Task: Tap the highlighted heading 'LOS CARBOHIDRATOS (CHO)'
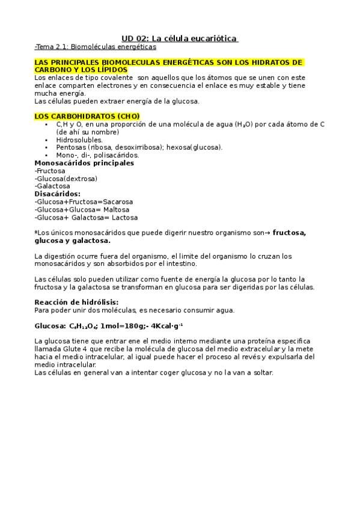[x=87, y=115]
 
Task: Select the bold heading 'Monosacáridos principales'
[x=84, y=162]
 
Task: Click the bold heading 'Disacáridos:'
[x=58, y=194]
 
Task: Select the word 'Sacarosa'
[x=118, y=201]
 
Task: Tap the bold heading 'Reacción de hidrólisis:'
[x=76, y=302]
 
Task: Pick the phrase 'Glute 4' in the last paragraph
[x=72, y=349]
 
